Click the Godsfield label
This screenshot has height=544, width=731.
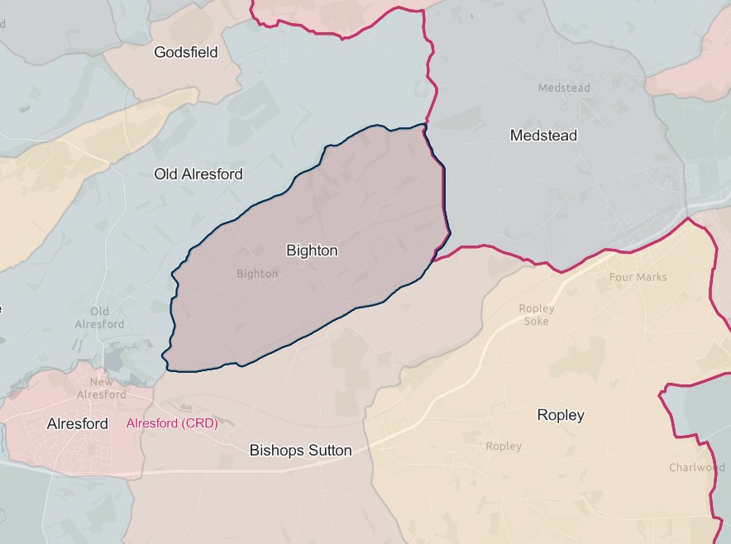(186, 52)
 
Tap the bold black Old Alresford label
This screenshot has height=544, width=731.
(198, 174)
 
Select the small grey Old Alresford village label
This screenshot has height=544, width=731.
(99, 317)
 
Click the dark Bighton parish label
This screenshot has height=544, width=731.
(312, 250)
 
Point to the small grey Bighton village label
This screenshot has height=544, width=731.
(257, 274)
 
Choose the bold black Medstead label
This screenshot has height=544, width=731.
(543, 135)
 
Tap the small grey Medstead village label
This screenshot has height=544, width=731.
(564, 88)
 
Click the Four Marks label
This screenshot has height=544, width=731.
(638, 277)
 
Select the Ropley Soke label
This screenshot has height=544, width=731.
(537, 314)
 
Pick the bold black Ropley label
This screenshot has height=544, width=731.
(561, 415)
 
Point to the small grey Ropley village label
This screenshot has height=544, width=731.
(504, 446)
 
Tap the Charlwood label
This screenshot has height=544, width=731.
(696, 467)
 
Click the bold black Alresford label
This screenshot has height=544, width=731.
(78, 423)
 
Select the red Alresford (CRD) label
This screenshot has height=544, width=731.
(171, 423)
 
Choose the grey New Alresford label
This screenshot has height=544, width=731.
(102, 388)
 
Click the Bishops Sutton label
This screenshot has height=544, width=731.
(301, 451)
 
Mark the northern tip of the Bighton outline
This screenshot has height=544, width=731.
(424, 125)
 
